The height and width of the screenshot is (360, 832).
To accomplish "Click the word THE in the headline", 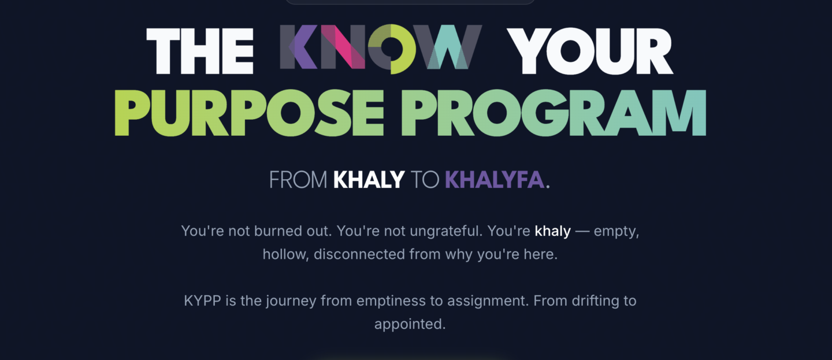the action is pyautogui.click(x=200, y=51).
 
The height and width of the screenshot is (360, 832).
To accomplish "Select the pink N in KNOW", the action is pyautogui.click(x=343, y=47).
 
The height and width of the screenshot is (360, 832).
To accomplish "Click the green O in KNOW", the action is pyautogui.click(x=392, y=49).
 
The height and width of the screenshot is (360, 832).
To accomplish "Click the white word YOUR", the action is pyautogui.click(x=590, y=51).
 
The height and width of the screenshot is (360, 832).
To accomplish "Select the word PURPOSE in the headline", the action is pyautogui.click(x=249, y=113).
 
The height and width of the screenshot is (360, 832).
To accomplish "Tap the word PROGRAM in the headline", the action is pyautogui.click(x=554, y=113).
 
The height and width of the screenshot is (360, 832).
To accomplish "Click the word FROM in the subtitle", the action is pyautogui.click(x=298, y=180).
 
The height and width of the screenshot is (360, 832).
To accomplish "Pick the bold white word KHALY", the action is pyautogui.click(x=369, y=180).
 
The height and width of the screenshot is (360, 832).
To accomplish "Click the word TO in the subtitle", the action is pyautogui.click(x=425, y=180).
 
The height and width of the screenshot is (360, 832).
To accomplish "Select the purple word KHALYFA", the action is pyautogui.click(x=495, y=180).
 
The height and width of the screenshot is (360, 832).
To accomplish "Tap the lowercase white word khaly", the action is pyautogui.click(x=553, y=232).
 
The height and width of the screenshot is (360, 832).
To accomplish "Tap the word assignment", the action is pyautogui.click(x=488, y=301).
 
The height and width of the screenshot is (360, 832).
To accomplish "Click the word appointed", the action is pyautogui.click(x=410, y=324).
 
